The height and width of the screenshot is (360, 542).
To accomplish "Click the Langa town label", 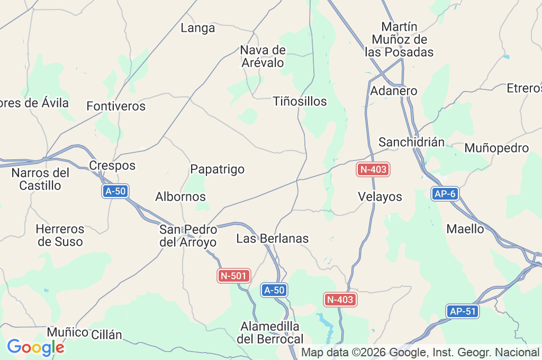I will click(198, 28).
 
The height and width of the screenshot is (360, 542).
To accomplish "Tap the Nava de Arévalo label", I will click(263, 57).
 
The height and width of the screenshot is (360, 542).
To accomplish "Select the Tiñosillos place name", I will click(300, 101).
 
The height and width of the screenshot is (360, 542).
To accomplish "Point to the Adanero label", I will click(394, 91).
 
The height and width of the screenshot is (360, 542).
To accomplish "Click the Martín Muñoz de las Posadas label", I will click(399, 39).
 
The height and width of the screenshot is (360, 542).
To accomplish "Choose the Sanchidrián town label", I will click(411, 142).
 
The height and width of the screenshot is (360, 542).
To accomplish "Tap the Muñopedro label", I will click(496, 148).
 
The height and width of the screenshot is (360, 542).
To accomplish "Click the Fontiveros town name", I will click(116, 106).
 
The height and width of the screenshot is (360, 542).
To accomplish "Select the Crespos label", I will click(112, 165).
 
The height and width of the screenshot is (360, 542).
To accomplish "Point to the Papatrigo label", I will click(217, 169).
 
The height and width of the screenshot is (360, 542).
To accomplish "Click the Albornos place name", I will click(180, 196).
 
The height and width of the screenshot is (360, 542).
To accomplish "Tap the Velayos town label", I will click(380, 196).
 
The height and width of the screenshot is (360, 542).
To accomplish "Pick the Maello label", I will click(465, 229).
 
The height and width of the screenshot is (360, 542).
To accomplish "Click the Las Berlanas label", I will click(272, 238).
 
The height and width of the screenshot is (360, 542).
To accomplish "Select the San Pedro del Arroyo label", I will click(188, 236).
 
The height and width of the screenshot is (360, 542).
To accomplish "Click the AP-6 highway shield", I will click(444, 194).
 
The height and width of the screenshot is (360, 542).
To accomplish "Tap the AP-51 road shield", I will click(462, 311).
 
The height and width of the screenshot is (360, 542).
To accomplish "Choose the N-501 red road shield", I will click(233, 275).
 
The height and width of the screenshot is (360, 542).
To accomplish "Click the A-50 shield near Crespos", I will click(115, 191).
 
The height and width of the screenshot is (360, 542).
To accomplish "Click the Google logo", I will click(35, 347).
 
